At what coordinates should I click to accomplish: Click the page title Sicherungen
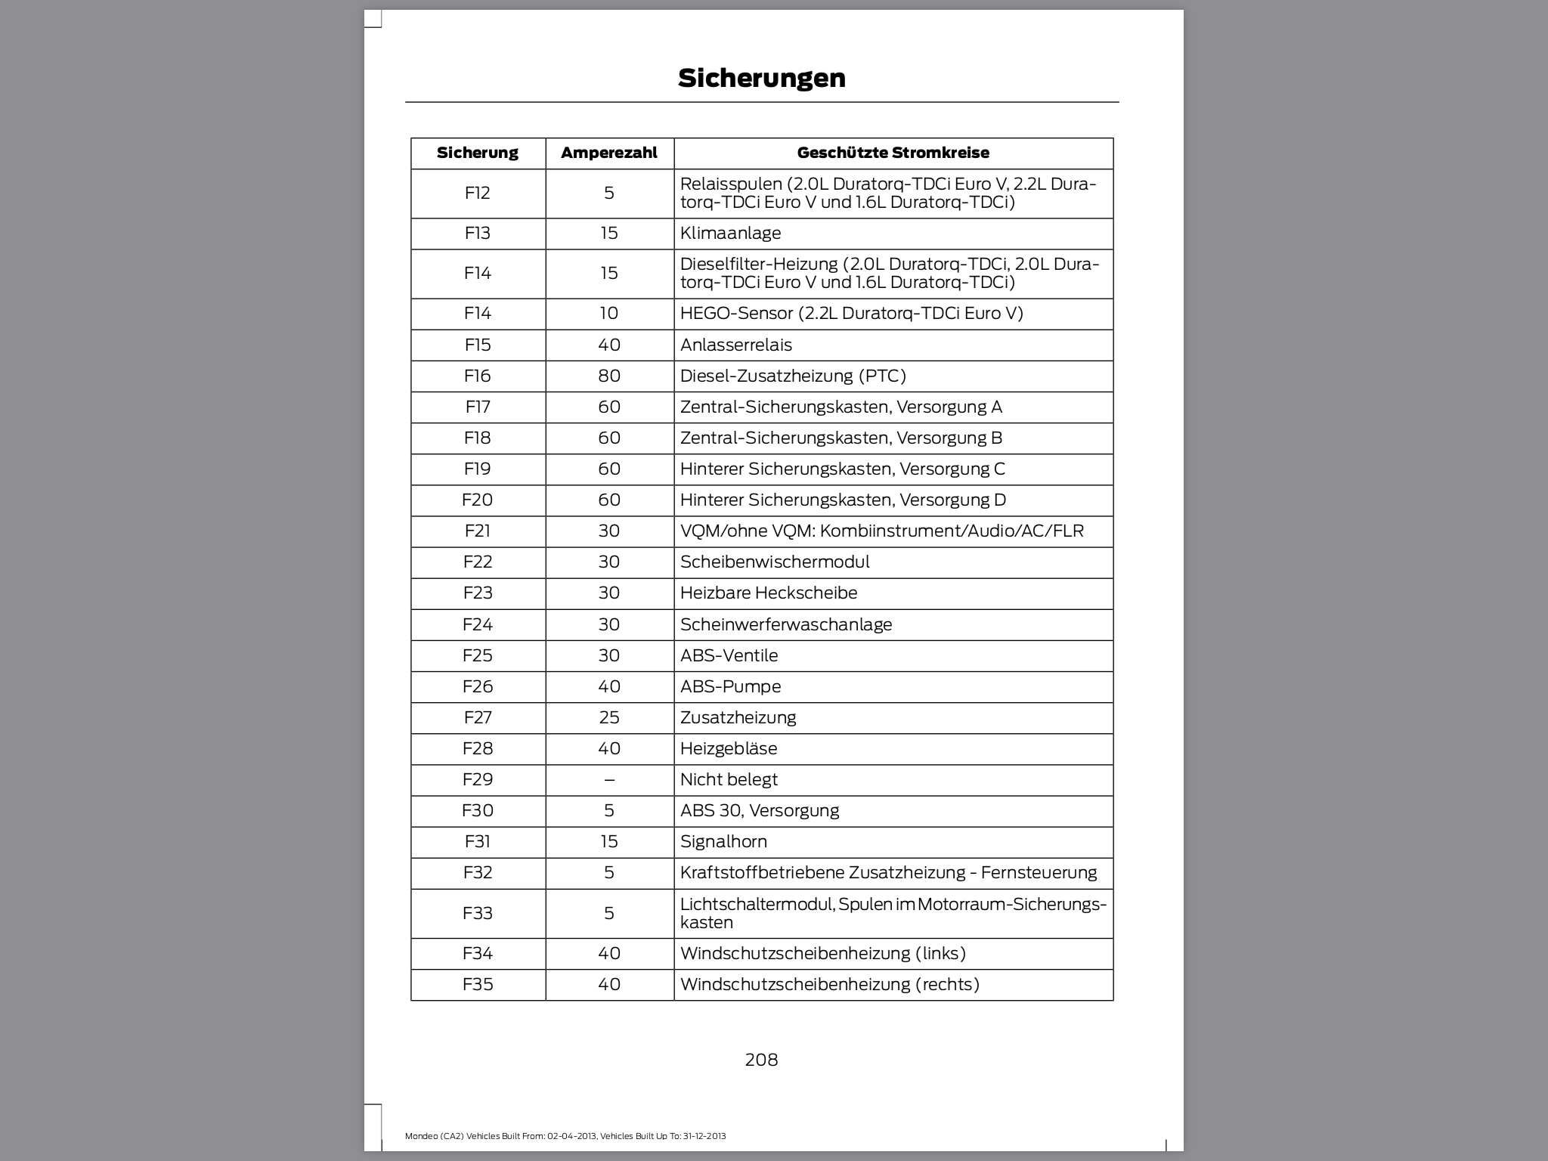click(x=761, y=78)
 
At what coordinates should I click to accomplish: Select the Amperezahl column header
click(x=608, y=153)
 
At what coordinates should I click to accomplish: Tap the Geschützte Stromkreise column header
click(x=893, y=153)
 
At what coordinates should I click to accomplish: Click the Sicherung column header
click(x=478, y=153)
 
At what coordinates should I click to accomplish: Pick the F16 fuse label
click(x=478, y=376)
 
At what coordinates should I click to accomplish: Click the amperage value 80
click(x=609, y=376)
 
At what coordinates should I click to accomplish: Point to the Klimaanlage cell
click(x=730, y=233)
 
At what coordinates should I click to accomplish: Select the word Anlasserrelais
click(x=735, y=345)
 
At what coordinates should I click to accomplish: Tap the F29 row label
click(x=478, y=779)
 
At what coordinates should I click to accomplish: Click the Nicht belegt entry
click(x=729, y=779)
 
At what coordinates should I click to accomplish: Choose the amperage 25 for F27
click(x=609, y=717)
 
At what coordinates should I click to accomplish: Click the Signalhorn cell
click(x=723, y=841)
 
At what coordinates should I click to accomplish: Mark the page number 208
click(x=761, y=1060)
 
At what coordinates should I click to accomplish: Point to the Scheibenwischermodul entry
click(x=775, y=562)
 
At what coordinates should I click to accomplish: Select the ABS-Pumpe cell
click(x=730, y=686)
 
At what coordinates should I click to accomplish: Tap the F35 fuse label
click(x=478, y=984)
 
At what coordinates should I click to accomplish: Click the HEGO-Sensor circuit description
click(x=851, y=313)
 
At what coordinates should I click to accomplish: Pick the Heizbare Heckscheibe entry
click(x=769, y=593)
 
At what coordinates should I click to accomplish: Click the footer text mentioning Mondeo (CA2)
click(x=565, y=1136)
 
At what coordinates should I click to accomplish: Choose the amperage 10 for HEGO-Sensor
click(x=609, y=313)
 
